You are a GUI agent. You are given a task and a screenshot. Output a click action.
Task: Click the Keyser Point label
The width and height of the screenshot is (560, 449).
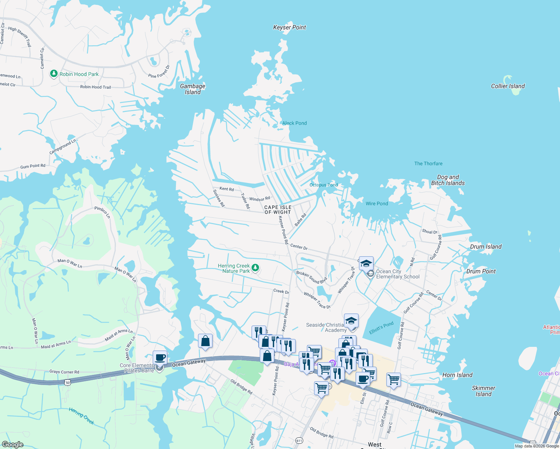(x=289, y=27)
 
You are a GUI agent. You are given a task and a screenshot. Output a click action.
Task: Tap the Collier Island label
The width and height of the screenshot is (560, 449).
(x=508, y=86)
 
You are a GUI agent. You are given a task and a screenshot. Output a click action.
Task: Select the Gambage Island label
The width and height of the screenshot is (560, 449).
(x=193, y=89)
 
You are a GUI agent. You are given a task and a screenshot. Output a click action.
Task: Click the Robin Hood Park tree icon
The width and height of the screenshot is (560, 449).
(x=54, y=74)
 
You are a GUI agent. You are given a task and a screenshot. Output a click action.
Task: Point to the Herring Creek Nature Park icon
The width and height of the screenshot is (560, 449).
(x=255, y=268)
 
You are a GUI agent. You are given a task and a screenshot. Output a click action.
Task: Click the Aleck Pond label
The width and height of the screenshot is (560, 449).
(x=294, y=123)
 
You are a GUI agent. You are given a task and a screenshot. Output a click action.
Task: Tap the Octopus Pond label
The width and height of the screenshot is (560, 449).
(x=323, y=185)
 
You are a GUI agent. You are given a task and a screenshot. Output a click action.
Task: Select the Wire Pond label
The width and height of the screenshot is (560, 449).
(x=377, y=204)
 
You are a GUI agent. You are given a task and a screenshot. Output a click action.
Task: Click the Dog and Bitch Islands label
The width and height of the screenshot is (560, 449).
(x=448, y=180)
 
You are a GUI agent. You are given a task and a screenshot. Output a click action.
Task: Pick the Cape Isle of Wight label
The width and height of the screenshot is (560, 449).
(x=278, y=210)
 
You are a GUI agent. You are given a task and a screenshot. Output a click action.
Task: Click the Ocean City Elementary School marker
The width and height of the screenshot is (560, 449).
(x=366, y=263)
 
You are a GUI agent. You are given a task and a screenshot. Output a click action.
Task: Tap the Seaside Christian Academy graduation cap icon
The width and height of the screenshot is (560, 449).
(x=351, y=321)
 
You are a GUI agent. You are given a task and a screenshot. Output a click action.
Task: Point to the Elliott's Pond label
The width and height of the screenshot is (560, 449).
(x=381, y=328)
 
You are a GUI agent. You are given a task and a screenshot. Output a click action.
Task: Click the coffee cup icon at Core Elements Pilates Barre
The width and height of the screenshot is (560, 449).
(x=160, y=358)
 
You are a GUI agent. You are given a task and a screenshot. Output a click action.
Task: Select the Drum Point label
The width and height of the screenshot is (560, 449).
(x=481, y=271)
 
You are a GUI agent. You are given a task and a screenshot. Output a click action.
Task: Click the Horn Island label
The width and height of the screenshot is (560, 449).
(x=457, y=375)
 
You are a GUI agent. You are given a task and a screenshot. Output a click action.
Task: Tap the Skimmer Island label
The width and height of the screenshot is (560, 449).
(x=483, y=391)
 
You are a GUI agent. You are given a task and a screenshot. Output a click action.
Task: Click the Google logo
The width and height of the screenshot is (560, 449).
(x=12, y=444)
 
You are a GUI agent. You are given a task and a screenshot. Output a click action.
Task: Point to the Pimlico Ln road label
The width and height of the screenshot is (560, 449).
(x=102, y=212)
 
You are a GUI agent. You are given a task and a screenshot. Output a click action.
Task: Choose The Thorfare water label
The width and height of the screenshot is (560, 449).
(x=428, y=164)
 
